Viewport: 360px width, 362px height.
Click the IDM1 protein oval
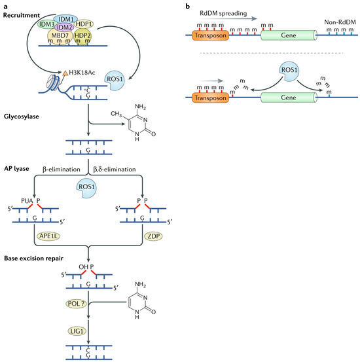coord(65,19)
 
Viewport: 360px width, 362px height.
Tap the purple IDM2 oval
coord(64,27)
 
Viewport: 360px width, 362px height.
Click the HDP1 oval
coord(84,24)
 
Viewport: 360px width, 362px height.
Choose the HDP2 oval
coord(82,36)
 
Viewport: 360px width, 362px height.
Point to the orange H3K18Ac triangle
coord(65,73)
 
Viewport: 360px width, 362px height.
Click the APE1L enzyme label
coord(48,236)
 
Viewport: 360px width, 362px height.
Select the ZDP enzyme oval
coord(153,236)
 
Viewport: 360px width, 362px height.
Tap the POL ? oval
coord(77,304)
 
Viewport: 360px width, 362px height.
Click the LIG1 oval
coord(77,331)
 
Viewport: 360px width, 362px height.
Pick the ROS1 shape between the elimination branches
coord(86,188)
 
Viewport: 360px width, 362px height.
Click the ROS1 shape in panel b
coord(289,71)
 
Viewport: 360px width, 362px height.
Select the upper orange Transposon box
coord(210,35)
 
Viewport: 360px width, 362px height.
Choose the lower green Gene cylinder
coord(289,98)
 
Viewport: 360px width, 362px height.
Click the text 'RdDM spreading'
coord(223,13)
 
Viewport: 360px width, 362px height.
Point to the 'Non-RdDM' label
coord(340,22)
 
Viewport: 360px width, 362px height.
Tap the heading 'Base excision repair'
coord(34,259)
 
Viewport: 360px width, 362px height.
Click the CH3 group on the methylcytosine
coord(116,114)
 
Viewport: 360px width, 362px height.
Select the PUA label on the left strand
coord(27,201)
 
